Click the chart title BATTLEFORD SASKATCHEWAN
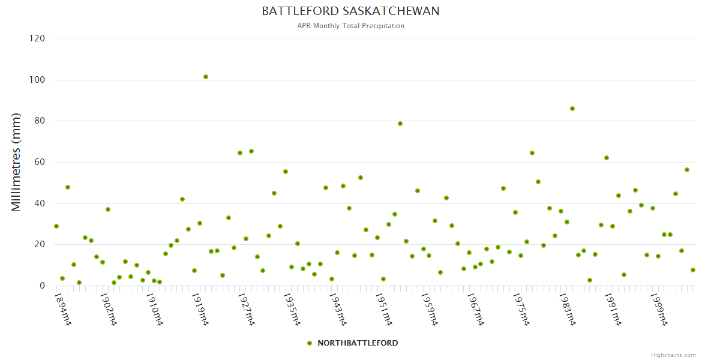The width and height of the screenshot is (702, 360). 350,11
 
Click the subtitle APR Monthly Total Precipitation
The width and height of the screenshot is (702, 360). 350,26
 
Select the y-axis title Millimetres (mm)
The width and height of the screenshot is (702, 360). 16,162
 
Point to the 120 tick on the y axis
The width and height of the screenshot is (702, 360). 37,38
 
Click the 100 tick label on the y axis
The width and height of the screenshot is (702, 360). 37,80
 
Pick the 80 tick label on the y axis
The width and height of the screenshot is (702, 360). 40,121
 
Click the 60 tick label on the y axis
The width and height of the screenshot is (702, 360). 40,162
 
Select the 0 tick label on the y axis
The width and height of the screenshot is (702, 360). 42,286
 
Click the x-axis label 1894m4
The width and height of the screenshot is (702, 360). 63,308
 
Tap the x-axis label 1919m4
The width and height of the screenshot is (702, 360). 200,308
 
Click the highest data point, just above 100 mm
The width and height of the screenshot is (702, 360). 206,77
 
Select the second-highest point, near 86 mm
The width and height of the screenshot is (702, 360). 572,109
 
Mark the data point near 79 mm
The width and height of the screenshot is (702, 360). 400,124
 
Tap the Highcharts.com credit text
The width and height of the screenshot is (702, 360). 673,355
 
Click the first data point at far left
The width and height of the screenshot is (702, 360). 56,226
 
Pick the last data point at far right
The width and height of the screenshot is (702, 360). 693,270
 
